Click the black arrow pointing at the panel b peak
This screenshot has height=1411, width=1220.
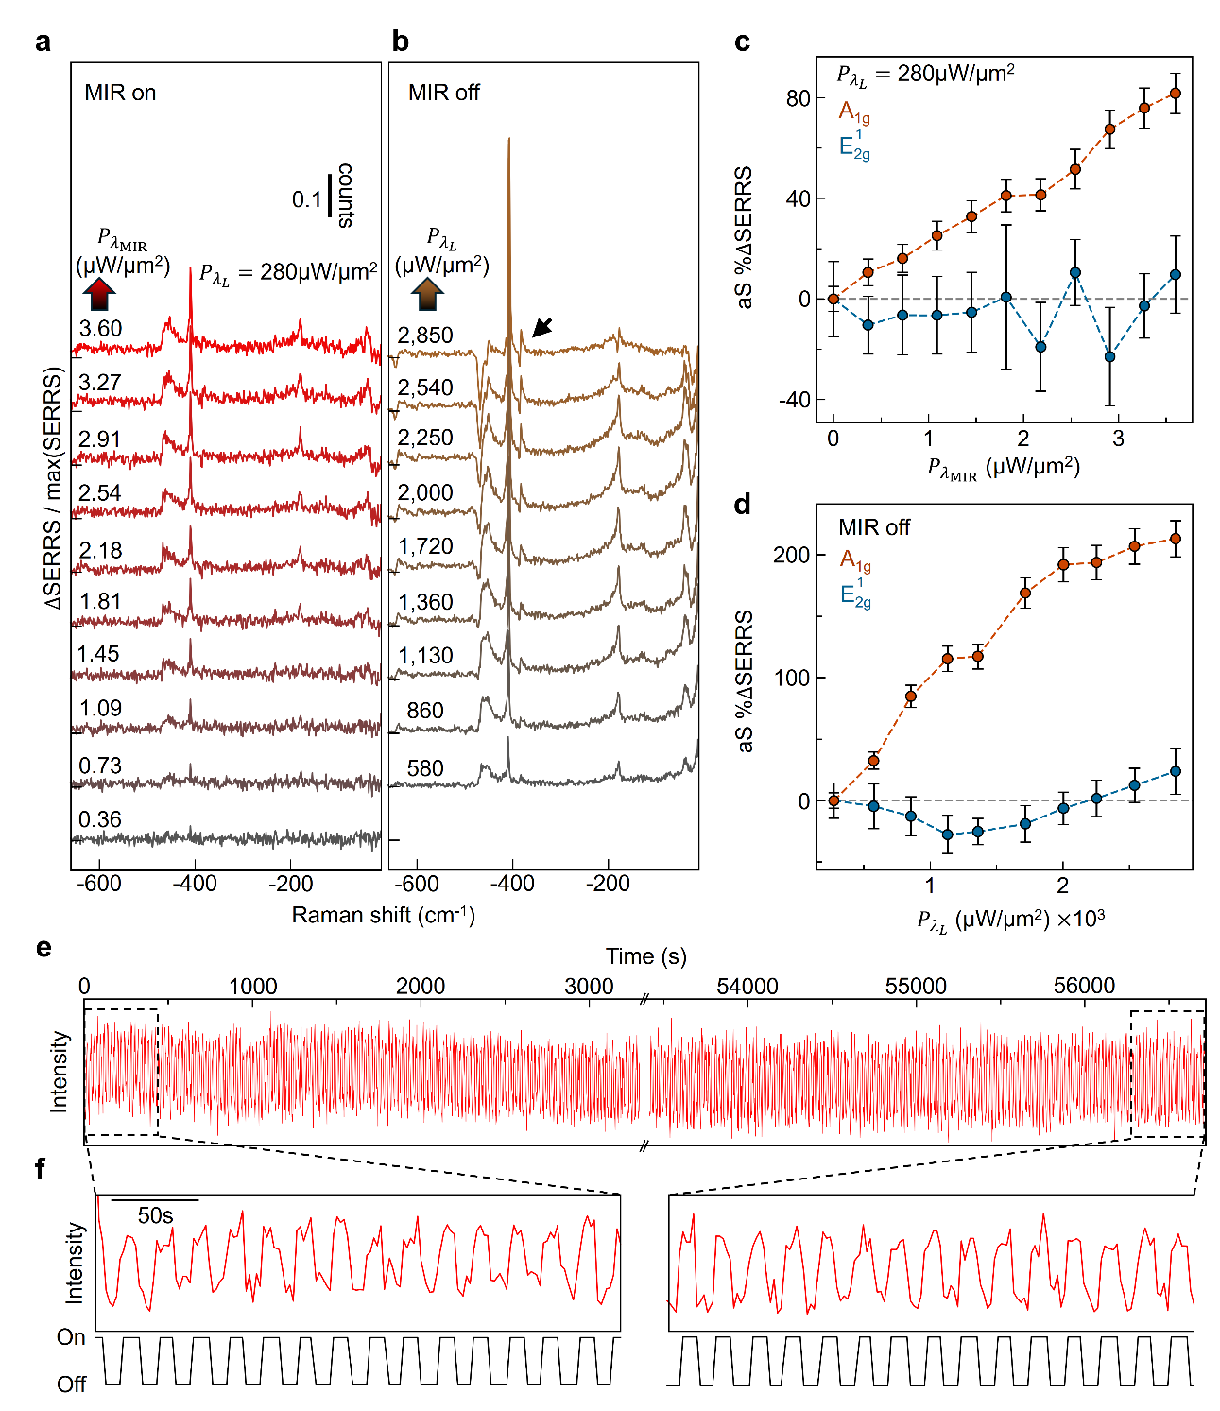click(542, 328)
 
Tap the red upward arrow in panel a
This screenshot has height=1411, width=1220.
click(99, 295)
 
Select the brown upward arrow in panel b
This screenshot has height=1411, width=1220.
click(427, 295)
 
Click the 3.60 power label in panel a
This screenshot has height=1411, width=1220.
click(100, 328)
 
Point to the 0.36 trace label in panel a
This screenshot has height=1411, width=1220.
click(99, 819)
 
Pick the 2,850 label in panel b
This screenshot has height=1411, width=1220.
click(425, 336)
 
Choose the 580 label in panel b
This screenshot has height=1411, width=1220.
click(425, 768)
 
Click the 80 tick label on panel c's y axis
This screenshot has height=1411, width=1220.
click(798, 98)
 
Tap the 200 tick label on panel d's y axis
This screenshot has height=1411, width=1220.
click(791, 555)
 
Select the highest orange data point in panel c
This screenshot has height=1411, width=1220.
click(1175, 94)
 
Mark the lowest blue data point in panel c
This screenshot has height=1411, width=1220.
click(1109, 357)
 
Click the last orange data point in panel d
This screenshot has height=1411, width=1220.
click(1175, 539)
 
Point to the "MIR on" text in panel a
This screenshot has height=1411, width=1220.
click(120, 93)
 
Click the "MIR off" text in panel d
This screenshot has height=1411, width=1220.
click(874, 527)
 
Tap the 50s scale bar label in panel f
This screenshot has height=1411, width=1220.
click(155, 1215)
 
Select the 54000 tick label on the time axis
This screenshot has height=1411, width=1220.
click(747, 986)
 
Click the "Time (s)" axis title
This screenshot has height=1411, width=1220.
click(645, 956)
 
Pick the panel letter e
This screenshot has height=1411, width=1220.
click(43, 948)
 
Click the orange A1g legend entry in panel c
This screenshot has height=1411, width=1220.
click(854, 112)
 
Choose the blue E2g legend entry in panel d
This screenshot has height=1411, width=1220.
click(855, 592)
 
